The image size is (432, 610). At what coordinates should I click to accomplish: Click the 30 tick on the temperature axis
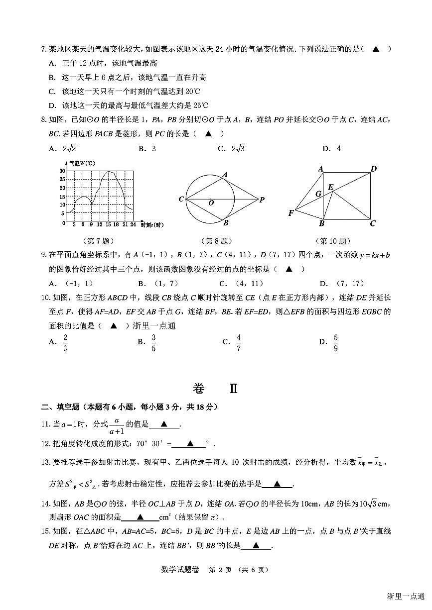pos(62,171)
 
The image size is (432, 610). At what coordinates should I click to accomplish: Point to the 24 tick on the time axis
pos(133,225)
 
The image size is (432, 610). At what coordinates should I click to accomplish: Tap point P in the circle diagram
pos(262,200)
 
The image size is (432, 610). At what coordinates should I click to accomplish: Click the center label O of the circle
pos(211,203)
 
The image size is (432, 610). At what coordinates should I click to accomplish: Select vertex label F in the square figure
pos(291,213)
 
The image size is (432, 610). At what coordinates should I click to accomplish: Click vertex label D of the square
pos(373,169)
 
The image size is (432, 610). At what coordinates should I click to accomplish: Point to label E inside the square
pos(330,187)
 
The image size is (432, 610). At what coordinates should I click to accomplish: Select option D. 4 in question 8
pos(331,148)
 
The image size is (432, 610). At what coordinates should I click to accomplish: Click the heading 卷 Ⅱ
pos(215,388)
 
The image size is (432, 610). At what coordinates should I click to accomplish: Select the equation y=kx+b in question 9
pos(374,255)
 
